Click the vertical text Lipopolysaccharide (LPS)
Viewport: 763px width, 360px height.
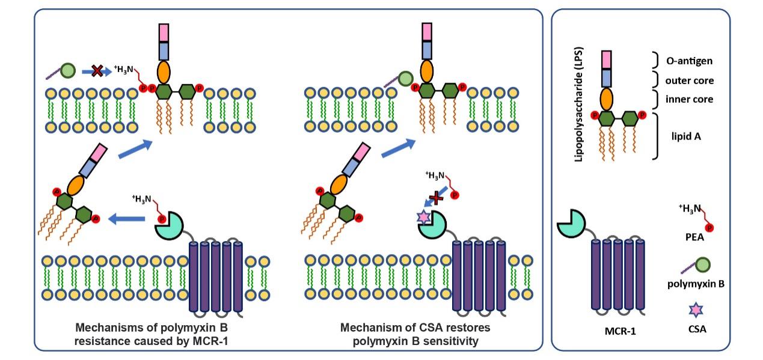[x=579, y=105]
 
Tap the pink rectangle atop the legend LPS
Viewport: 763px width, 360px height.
[x=607, y=59]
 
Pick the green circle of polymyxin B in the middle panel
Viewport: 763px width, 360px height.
[x=405, y=78]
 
